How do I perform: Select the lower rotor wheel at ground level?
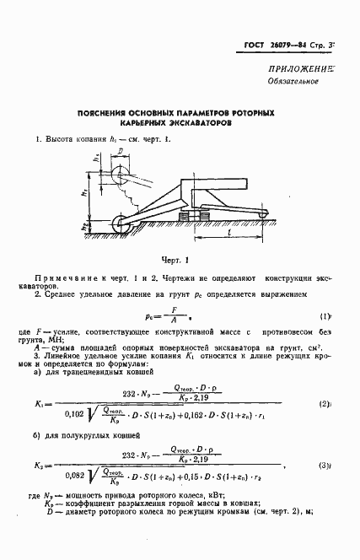click(121, 226)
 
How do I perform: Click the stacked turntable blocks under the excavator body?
click(196, 217)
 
